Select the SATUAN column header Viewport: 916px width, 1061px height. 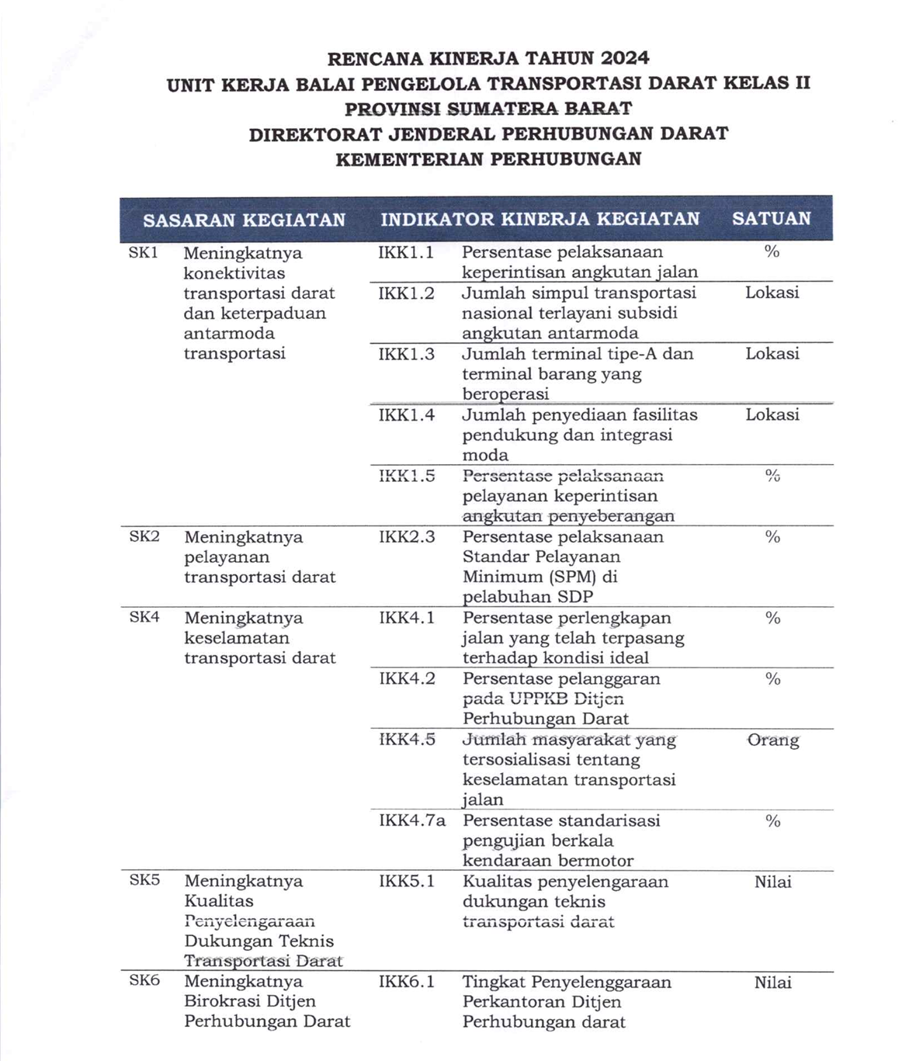click(x=771, y=219)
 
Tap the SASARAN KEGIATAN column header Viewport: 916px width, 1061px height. click(x=244, y=220)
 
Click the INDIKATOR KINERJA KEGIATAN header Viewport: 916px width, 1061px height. click(x=540, y=219)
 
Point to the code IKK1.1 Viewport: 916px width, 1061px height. click(x=405, y=252)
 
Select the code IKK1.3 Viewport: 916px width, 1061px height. click(x=406, y=354)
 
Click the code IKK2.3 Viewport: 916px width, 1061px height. click(x=407, y=536)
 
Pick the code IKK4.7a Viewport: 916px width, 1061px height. click(x=412, y=820)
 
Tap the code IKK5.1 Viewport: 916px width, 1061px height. click(x=407, y=881)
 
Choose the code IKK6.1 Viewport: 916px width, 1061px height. click(x=407, y=982)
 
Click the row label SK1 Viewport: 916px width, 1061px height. click(x=144, y=252)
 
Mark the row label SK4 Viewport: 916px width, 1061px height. click(x=144, y=617)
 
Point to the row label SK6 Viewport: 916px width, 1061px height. click(x=144, y=980)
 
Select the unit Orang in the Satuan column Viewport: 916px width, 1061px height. click(x=773, y=740)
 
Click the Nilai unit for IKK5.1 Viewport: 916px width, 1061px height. click(x=772, y=882)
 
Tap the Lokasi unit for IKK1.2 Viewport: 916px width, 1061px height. click(x=772, y=293)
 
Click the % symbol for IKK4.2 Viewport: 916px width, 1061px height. click(x=772, y=679)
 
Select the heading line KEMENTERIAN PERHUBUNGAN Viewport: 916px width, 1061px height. click(x=488, y=159)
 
